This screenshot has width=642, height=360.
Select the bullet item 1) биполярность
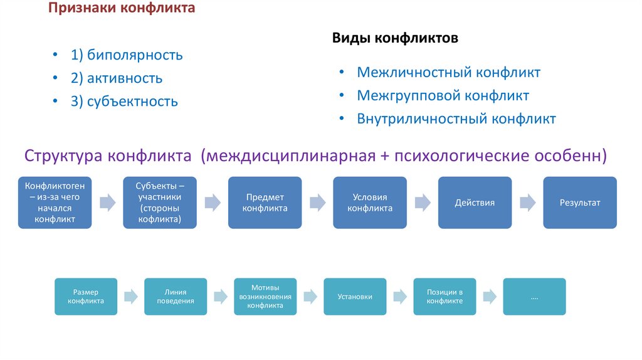pyautogui.click(x=127, y=55)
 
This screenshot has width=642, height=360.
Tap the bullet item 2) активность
pyautogui.click(x=117, y=78)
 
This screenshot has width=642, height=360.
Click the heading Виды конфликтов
pyautogui.click(x=395, y=39)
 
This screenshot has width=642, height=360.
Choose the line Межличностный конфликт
pyautogui.click(x=448, y=73)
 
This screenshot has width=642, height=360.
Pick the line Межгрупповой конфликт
pyautogui.click(x=443, y=96)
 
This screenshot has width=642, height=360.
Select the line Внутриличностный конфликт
pyautogui.click(x=456, y=119)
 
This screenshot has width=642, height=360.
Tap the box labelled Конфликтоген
pyautogui.click(x=55, y=203)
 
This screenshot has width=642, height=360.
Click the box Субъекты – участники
pyautogui.click(x=160, y=203)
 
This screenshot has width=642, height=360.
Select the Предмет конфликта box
pyautogui.click(x=265, y=203)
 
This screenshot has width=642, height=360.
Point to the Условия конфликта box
pyautogui.click(x=370, y=203)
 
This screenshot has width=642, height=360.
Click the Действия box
pyautogui.click(x=475, y=203)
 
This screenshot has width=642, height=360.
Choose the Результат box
pyautogui.click(x=580, y=203)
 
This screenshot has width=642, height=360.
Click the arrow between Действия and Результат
pyautogui.click(x=527, y=203)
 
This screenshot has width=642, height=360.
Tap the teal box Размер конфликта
pyautogui.click(x=86, y=297)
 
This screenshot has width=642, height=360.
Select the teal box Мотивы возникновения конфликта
pyautogui.click(x=265, y=297)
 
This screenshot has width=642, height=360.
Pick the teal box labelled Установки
pyautogui.click(x=355, y=297)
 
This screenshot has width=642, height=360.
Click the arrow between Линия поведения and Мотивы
pyautogui.click(x=220, y=297)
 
